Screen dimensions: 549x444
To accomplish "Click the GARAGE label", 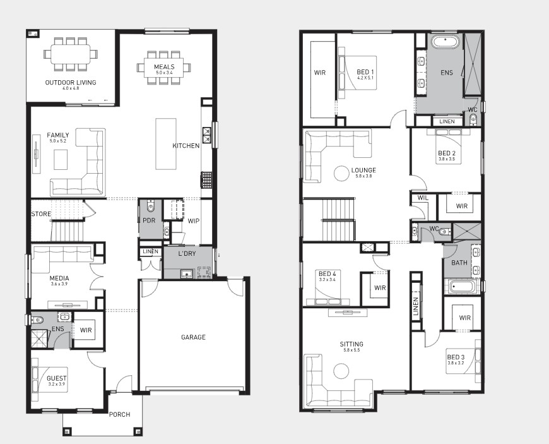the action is click(193, 337).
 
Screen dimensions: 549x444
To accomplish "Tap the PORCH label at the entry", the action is click(119, 414).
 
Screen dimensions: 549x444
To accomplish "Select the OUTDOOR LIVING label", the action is click(71, 83).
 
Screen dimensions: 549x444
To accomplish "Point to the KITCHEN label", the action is click(186, 146).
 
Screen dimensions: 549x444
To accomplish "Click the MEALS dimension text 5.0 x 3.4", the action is click(164, 73).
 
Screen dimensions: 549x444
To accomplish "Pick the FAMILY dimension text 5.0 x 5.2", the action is click(58, 141).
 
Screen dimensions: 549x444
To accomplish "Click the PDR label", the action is click(149, 220).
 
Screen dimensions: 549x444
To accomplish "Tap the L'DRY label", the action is click(187, 254).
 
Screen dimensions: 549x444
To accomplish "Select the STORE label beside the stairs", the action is click(41, 213).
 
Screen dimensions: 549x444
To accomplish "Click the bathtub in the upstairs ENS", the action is click(445, 42).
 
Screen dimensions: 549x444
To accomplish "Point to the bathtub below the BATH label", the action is click(461, 287).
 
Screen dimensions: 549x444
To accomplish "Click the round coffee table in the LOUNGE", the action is click(341, 173).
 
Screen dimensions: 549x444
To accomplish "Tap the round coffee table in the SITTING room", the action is click(341, 371).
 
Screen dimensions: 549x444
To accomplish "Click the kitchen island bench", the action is click(166, 143).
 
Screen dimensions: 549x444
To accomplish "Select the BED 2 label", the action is click(446, 153).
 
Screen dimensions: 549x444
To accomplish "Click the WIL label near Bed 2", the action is click(423, 198).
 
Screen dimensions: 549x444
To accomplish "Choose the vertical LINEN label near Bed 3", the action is click(416, 306).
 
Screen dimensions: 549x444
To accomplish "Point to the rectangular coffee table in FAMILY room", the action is click(61, 159).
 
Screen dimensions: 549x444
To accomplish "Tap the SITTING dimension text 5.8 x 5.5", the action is click(351, 350).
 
